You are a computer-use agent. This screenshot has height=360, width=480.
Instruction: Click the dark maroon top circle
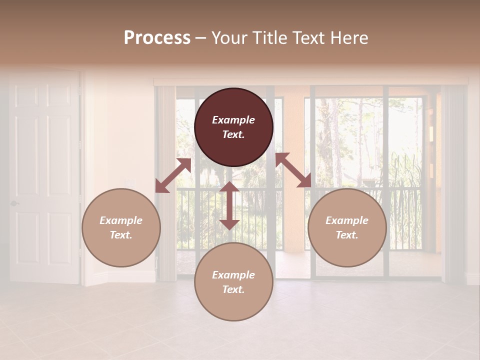(233, 127)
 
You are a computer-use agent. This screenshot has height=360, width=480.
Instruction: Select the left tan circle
(121, 227)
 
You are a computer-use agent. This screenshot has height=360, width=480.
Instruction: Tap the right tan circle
(347, 227)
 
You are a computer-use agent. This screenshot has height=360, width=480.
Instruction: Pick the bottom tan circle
(233, 282)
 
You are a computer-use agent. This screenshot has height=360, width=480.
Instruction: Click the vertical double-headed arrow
(229, 205)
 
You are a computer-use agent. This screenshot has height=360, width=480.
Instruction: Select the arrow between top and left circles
(173, 175)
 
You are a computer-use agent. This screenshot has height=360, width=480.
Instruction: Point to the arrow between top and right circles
(293, 170)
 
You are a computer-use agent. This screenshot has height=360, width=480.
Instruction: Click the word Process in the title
(157, 38)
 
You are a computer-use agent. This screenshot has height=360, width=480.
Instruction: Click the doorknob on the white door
(14, 203)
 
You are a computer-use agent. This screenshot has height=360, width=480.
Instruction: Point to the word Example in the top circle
(233, 120)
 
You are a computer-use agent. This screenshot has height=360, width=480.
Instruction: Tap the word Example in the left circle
(121, 220)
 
